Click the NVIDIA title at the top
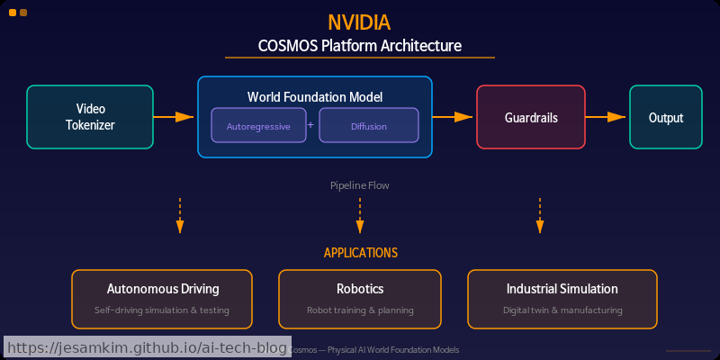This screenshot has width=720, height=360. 360,22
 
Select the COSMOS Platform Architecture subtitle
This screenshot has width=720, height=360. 360,45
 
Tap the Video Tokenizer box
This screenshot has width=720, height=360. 90,117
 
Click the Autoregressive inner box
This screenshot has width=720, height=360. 258,126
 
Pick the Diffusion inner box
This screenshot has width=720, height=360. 369,126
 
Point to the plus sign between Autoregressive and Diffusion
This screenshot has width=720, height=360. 310,125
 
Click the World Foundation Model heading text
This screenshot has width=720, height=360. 315,97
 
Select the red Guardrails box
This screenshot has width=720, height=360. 531,117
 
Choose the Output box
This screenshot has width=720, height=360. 666,117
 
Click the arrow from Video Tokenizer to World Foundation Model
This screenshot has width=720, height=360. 174,117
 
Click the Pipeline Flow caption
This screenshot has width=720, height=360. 360,185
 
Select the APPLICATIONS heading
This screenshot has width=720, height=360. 360,253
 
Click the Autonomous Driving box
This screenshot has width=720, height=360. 162,299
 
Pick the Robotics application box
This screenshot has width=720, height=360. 360,299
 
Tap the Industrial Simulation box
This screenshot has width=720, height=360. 562,299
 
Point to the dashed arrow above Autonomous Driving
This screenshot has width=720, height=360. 180,216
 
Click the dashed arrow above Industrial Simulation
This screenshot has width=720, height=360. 540,216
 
